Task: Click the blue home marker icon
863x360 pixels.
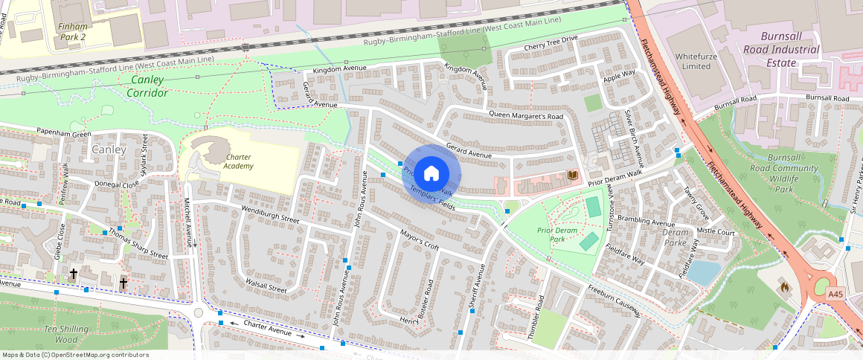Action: [x=431, y=174]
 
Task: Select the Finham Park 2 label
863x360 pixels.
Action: [x=72, y=31]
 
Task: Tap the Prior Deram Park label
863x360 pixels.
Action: [x=557, y=235]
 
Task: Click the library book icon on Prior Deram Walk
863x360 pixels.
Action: [x=573, y=176]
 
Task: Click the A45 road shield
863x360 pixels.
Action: [x=836, y=295]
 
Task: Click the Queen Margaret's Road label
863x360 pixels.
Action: [x=527, y=115]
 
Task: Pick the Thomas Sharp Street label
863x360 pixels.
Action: [x=138, y=243]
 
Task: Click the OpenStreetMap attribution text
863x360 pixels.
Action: [x=75, y=355]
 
